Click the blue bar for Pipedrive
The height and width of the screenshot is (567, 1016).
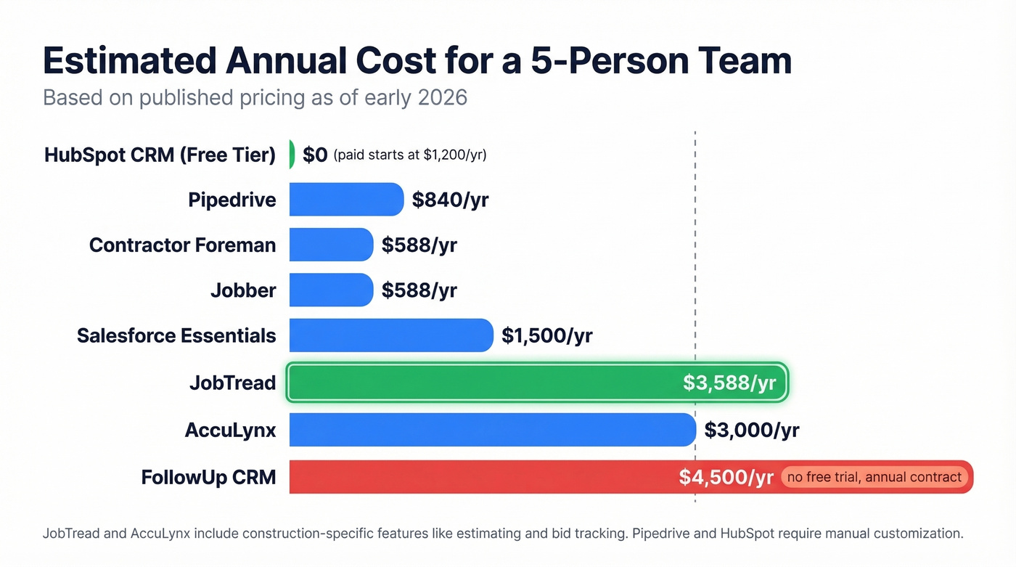tap(346, 200)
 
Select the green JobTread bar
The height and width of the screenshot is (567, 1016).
tap(479, 383)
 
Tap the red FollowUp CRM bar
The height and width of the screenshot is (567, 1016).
tap(479, 477)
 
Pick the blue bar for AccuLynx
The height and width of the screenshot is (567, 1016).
tap(492, 430)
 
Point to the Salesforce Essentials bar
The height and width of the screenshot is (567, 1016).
tap(390, 335)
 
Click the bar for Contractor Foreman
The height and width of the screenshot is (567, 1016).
tap(331, 245)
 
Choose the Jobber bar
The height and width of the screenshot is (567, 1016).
tap(331, 290)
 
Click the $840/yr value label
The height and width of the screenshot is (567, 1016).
tap(450, 200)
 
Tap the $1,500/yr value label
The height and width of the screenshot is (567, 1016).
tap(546, 335)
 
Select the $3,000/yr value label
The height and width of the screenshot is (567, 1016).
tap(751, 430)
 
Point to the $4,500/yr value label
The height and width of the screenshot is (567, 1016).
tap(726, 477)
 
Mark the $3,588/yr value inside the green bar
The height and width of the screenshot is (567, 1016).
tap(729, 383)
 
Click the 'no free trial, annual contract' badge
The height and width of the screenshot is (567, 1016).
tap(874, 477)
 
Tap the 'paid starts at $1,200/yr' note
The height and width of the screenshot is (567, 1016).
tap(410, 155)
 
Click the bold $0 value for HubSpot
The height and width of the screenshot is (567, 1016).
tap(315, 155)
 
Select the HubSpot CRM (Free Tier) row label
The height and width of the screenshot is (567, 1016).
tap(160, 155)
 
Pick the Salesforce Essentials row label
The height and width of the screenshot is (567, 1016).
tap(176, 335)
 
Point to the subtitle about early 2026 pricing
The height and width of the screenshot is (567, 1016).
tap(255, 97)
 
